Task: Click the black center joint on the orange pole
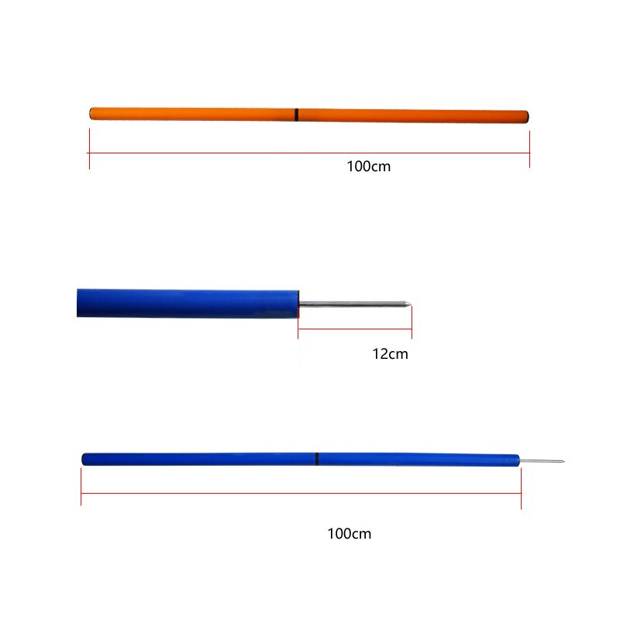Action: (297, 115)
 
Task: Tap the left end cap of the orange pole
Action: (92, 113)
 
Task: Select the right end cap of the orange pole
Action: (527, 117)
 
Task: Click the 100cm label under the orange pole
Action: (369, 167)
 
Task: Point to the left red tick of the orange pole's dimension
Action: (89, 150)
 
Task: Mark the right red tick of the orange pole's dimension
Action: (529, 150)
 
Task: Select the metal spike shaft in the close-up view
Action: (353, 304)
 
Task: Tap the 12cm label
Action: (390, 354)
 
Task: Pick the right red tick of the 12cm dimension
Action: (412, 322)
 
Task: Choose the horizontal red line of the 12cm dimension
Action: (355, 329)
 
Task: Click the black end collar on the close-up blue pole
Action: (298, 304)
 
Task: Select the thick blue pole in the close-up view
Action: (186, 303)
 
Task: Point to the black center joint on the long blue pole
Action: (317, 459)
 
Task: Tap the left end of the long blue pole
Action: (84, 459)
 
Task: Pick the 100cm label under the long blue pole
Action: (349, 534)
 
